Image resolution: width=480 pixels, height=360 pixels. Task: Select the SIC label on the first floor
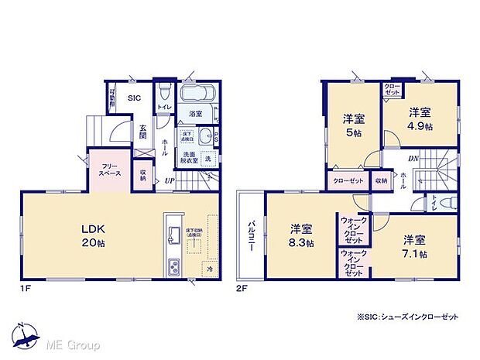pos(134,98)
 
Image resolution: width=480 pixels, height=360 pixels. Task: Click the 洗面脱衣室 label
pos(190,157)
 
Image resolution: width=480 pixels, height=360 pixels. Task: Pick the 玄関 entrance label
pos(143,132)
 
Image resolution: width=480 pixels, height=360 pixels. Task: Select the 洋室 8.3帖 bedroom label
pos(302,235)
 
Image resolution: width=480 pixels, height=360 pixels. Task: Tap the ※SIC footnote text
pos(407,317)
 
